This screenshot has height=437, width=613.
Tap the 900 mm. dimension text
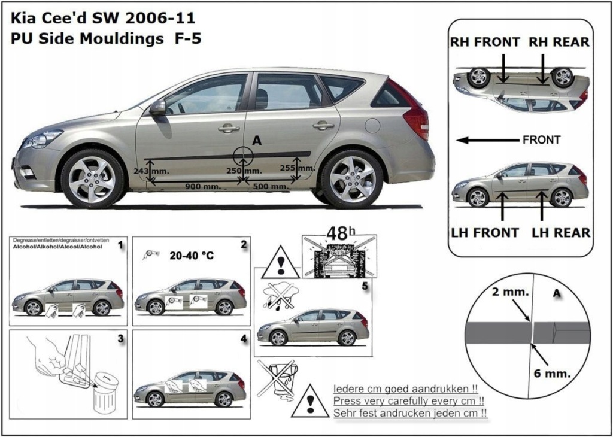coord(200,187)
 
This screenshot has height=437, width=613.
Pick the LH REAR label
coord(561,232)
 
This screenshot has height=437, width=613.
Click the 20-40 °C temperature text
coord(192,255)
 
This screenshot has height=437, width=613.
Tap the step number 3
coord(120,339)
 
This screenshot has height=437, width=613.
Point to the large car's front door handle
coord(229,128)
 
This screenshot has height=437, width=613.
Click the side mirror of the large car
coord(158,108)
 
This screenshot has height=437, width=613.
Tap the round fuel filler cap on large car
coord(372,126)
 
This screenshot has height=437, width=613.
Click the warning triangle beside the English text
coord(309,401)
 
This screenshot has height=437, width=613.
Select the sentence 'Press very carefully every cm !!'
coord(409,400)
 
